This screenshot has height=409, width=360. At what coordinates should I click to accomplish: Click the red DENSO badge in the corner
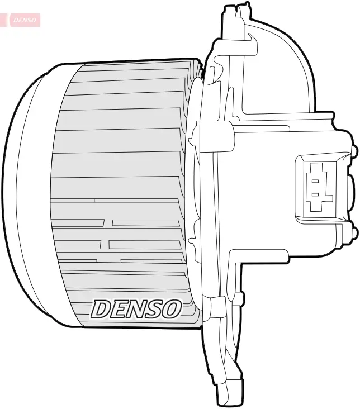pos(21,20)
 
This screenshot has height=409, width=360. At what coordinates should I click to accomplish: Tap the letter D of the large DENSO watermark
pos(102,309)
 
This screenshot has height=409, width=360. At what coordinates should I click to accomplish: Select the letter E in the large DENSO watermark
pos(120,309)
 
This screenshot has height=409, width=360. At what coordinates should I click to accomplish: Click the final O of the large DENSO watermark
pos(170,309)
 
